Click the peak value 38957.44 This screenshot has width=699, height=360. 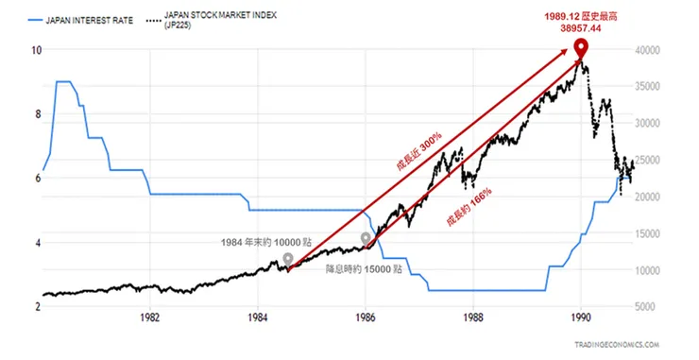click(582, 29)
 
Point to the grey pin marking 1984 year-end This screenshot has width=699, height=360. click(288, 258)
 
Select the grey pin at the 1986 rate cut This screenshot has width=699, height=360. click(367, 239)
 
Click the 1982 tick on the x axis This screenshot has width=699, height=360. click(149, 317)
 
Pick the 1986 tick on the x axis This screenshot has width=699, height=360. click(366, 317)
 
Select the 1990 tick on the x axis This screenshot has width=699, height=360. click(581, 317)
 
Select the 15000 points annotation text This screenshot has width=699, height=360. click(364, 269)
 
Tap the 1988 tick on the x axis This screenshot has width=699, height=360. click(473, 317)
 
